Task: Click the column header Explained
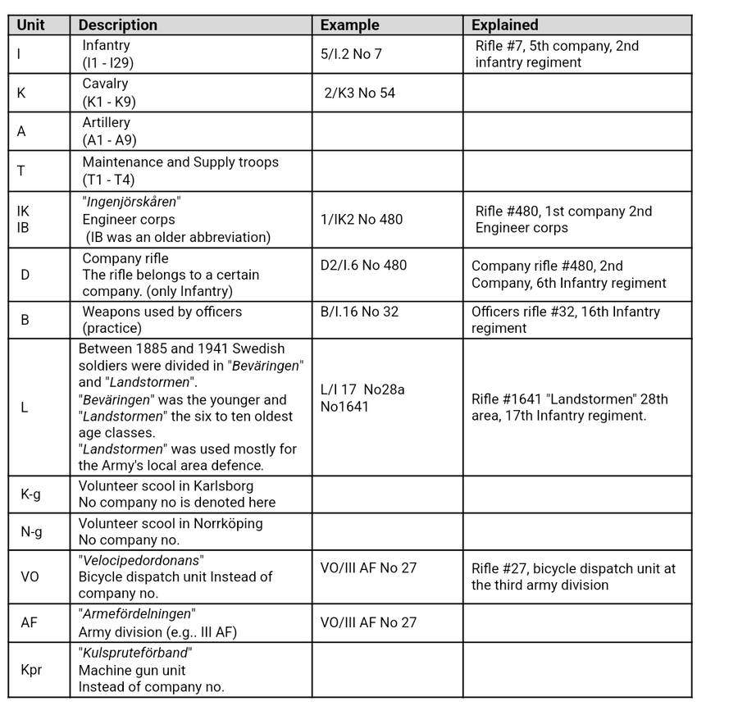coord(505,25)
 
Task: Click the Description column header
coord(118,25)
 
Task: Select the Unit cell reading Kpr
coord(31,670)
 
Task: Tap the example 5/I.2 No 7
coord(352,54)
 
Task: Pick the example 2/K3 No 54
coord(360,93)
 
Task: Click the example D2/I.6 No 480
coord(363,265)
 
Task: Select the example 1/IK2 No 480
coord(362,219)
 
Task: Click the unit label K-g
coord(31,494)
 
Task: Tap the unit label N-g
coord(31,531)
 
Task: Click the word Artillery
coord(106,122)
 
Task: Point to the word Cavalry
coord(105,84)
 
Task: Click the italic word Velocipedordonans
coord(141,560)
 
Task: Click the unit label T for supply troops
coord(20,171)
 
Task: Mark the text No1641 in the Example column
coord(346,406)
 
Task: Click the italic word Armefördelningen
coord(137,614)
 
